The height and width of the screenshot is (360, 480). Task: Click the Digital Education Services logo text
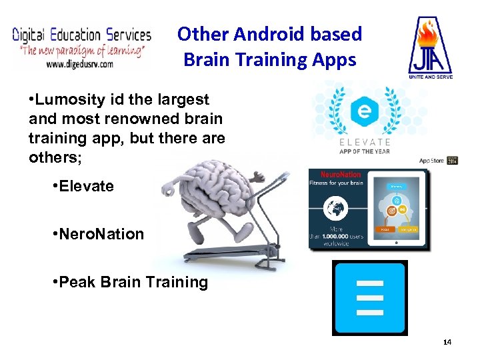82,34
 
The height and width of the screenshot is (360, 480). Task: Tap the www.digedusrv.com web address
79,64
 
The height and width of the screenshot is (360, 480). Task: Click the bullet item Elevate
86,186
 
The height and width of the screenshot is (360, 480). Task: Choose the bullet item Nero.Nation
101,234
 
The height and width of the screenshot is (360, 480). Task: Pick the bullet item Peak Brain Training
133,282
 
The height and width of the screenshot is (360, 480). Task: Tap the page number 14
447,342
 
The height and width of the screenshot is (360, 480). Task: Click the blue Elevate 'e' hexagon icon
363,111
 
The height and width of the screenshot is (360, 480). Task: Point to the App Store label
431,161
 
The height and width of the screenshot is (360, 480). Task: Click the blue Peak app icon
369,297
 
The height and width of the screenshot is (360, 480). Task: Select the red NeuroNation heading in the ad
342,175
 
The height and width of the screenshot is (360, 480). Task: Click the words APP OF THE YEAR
364,151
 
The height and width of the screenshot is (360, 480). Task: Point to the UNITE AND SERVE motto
430,77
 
